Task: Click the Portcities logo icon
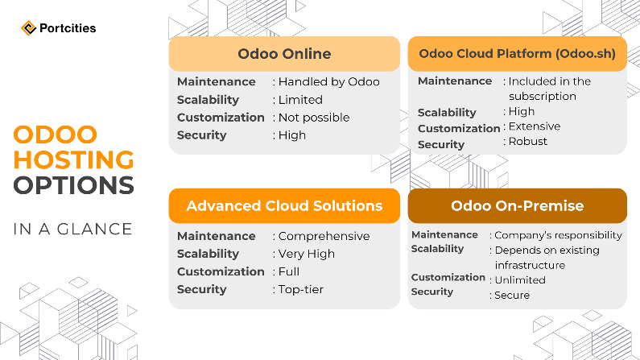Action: pos(27,28)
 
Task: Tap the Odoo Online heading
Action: pos(284,54)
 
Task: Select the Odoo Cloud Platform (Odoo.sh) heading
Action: pos(517,54)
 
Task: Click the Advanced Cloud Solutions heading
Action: pos(284,205)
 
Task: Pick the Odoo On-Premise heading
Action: pos(517,205)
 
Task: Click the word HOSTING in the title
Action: pos(73,159)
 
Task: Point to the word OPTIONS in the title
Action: pos(73,186)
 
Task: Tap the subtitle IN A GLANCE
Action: pos(72,229)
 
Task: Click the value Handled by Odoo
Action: pos(328,81)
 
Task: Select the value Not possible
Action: pos(314,118)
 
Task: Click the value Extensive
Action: pos(534,126)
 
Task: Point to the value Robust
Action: pos(527,141)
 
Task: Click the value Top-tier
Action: pos(301,289)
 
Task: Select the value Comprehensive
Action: pos(324,236)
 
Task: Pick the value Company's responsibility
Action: pos(558,235)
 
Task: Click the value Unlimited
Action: pos(519,279)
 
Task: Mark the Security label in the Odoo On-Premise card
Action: pos(432,292)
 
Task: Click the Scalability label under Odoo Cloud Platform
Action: pos(447,112)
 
